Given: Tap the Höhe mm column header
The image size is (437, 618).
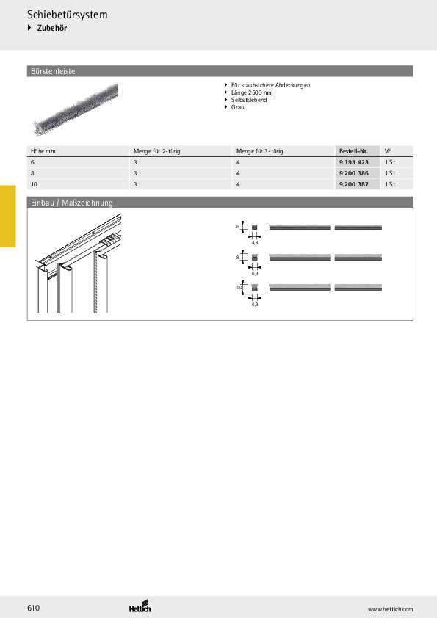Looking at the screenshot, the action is [43, 150].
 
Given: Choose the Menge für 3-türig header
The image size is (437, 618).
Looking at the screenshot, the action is [259, 150].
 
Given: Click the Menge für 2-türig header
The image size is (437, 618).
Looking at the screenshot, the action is [156, 150].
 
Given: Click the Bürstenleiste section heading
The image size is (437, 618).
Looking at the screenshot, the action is [52, 71].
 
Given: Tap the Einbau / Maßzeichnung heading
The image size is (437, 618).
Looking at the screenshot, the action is [70, 203].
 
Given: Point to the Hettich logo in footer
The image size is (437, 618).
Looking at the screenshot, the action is [140, 608].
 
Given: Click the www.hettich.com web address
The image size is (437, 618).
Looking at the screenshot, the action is [390, 609].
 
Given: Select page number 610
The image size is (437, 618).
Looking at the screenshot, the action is [34, 608].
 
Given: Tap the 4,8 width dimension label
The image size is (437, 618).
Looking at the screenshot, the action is [254, 241].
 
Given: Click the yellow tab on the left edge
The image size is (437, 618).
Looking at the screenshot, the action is [7, 216].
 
